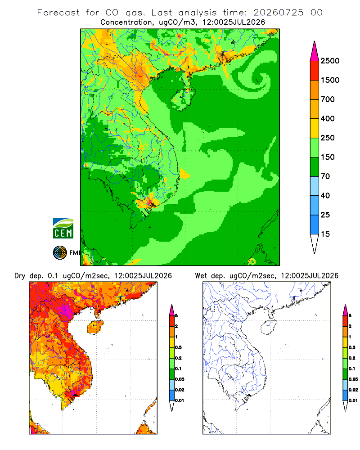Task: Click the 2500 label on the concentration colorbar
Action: coord(330,61)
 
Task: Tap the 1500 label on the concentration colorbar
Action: coord(330,80)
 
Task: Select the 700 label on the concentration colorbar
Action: coord(328,99)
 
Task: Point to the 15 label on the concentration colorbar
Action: coord(325,234)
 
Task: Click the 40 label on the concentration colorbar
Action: coord(325,195)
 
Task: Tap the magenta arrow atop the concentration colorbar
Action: coord(315,51)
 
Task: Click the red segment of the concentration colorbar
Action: coord(315,71)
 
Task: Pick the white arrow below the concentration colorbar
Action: coord(315,244)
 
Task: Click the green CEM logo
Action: coord(63,229)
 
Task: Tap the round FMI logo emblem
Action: coord(60,253)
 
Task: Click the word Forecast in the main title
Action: coord(58,13)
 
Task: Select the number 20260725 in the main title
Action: coord(278,13)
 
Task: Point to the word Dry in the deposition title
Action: coord(20,276)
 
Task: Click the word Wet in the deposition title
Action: coord(201,276)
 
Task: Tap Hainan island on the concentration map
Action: coord(183,99)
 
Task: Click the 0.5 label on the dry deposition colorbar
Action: coord(178,347)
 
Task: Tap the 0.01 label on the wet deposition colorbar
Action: coord(353,400)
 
